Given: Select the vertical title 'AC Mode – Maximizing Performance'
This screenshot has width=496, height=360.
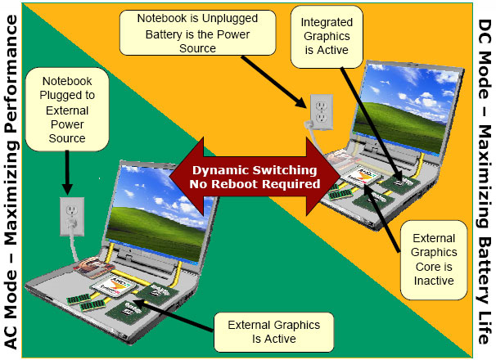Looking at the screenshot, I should pyautogui.click(x=16, y=180).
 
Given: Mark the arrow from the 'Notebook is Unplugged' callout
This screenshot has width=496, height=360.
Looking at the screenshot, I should pyautogui.click(x=278, y=79).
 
